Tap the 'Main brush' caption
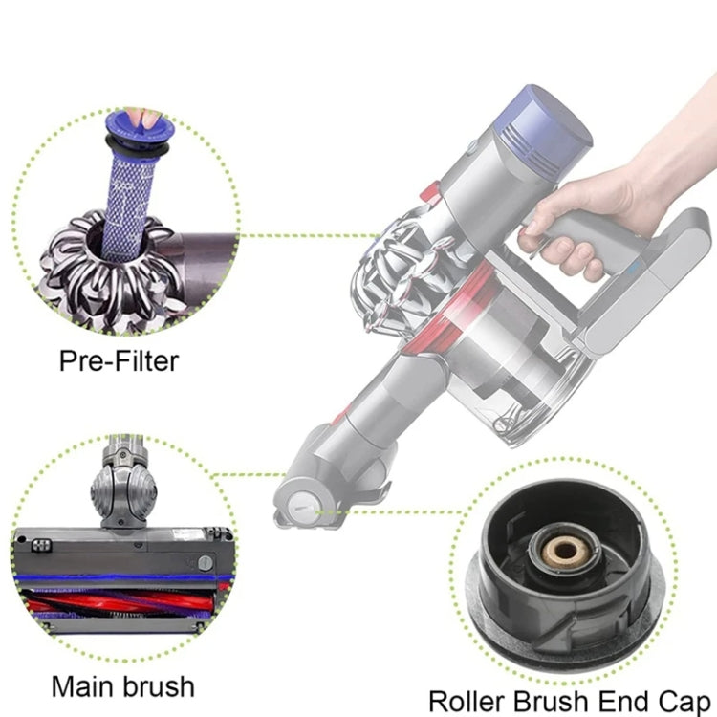pos(121,685)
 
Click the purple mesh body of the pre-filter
pos(134,191)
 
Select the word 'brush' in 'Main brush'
pos(160,685)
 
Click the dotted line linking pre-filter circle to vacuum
pos(306,235)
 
